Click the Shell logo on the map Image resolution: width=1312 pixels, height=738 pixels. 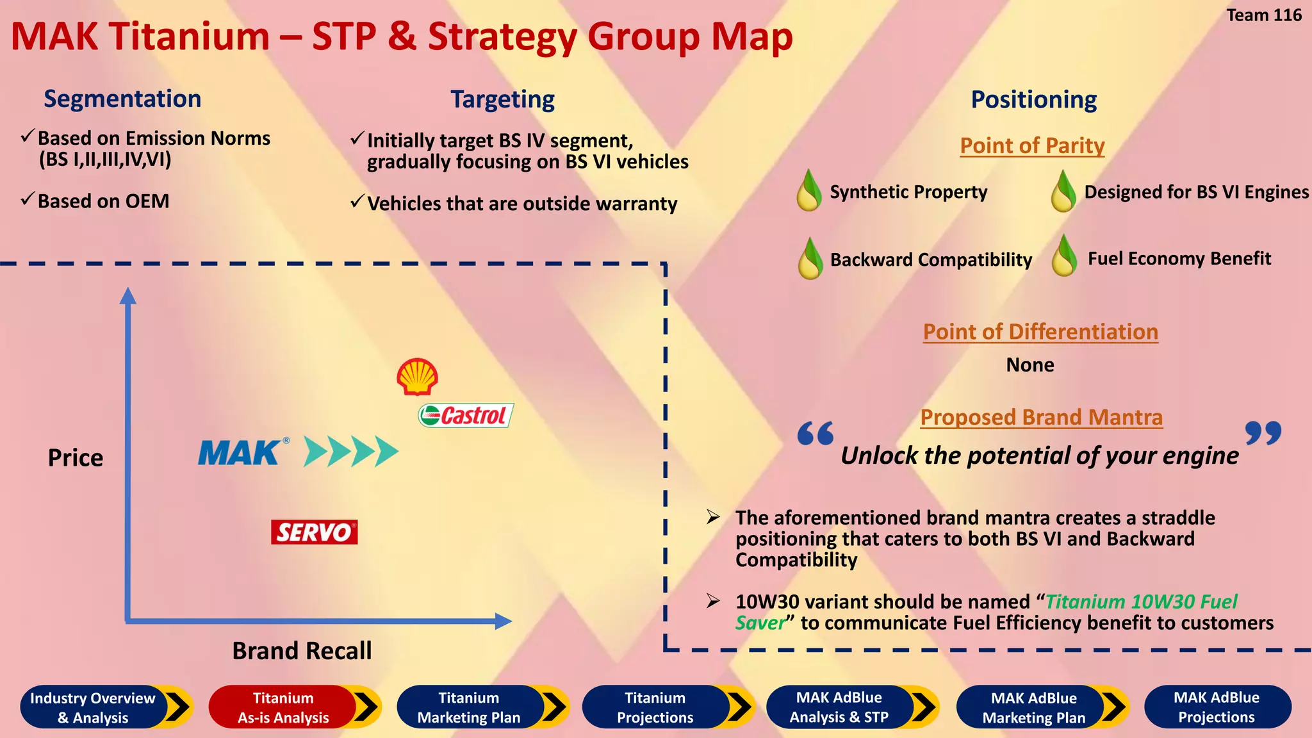pyautogui.click(x=417, y=376)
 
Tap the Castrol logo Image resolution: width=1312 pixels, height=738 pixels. pyautogui.click(x=466, y=416)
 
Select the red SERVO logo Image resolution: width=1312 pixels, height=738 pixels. pyautogui.click(x=314, y=532)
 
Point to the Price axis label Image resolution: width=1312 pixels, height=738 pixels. pyautogui.click(x=76, y=458)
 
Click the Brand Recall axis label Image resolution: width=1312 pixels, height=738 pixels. pyautogui.click(x=302, y=651)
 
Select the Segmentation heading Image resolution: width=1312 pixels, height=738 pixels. pyautogui.click(x=122, y=99)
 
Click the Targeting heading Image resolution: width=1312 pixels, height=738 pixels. pyautogui.click(x=502, y=100)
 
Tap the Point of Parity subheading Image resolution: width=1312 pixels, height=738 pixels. pyautogui.click(x=1032, y=146)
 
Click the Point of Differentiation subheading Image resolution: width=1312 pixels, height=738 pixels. pyautogui.click(x=1040, y=332)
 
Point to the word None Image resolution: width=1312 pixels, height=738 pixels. pyautogui.click(x=1029, y=365)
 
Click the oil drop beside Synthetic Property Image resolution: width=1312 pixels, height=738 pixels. pyautogui.click(x=809, y=191)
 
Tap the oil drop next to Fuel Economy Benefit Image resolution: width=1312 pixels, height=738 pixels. pyautogui.click(x=1064, y=256)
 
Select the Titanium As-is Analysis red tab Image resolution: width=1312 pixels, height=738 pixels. pyautogui.click(x=283, y=707)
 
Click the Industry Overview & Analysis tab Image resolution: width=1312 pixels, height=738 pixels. pyautogui.click(x=94, y=707)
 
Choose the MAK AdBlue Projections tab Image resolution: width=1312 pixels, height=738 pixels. pyautogui.click(x=1217, y=707)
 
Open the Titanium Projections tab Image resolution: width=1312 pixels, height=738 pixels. pyautogui.click(x=655, y=707)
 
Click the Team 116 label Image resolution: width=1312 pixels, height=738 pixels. pyautogui.click(x=1263, y=15)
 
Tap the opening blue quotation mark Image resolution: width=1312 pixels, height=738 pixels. pyautogui.click(x=816, y=434)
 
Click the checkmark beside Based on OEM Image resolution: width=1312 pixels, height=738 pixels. pyautogui.click(x=27, y=199)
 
